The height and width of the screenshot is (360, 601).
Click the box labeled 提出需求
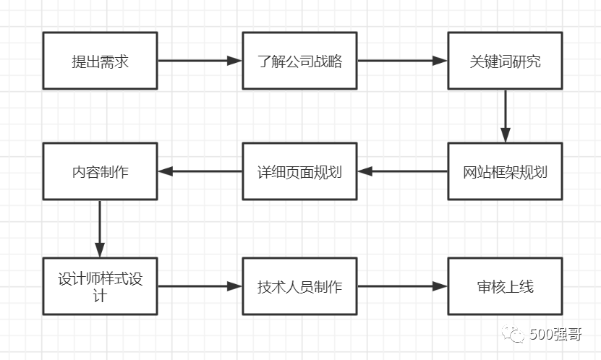(x=100, y=61)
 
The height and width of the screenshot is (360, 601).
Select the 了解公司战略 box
(x=299, y=61)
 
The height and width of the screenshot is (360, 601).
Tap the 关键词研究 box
(x=505, y=61)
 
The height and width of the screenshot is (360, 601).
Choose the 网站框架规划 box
(x=505, y=172)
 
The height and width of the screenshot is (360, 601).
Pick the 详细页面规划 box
(x=299, y=172)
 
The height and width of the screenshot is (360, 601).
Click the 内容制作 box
(x=100, y=172)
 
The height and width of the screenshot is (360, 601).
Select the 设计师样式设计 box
(x=100, y=286)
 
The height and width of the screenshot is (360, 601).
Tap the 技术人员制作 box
(x=299, y=286)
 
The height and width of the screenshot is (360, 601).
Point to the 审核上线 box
(x=505, y=286)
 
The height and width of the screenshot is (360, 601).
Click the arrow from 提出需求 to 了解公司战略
(x=200, y=61)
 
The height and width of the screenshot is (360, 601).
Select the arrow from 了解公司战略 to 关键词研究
(x=402, y=61)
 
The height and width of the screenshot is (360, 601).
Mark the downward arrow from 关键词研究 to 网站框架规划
(x=505, y=116)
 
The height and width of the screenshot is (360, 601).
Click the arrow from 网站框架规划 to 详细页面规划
(x=402, y=172)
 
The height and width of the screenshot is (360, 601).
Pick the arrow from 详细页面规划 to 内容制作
(x=200, y=172)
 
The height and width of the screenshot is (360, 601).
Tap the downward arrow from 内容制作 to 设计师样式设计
(x=100, y=228)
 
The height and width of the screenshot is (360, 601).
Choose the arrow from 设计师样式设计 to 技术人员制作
(x=200, y=286)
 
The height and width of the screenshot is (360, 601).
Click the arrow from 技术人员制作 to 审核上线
(x=402, y=286)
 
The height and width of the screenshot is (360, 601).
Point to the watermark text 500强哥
(x=556, y=335)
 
